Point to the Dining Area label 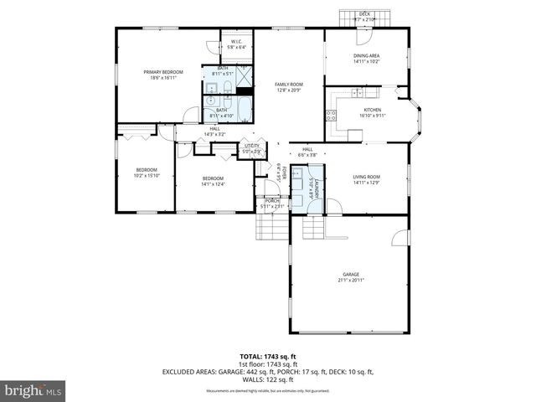pyautogui.click(x=367, y=56)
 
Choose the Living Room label pyautogui.click(x=366, y=177)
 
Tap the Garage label pyautogui.click(x=350, y=275)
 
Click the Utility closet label pyautogui.click(x=251, y=146)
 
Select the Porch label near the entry pyautogui.click(x=272, y=201)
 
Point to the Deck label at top pyautogui.click(x=365, y=13)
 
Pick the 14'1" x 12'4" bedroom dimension pyautogui.click(x=213, y=183)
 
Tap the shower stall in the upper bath pyautogui.click(x=243, y=80)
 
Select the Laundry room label pyautogui.click(x=310, y=188)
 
